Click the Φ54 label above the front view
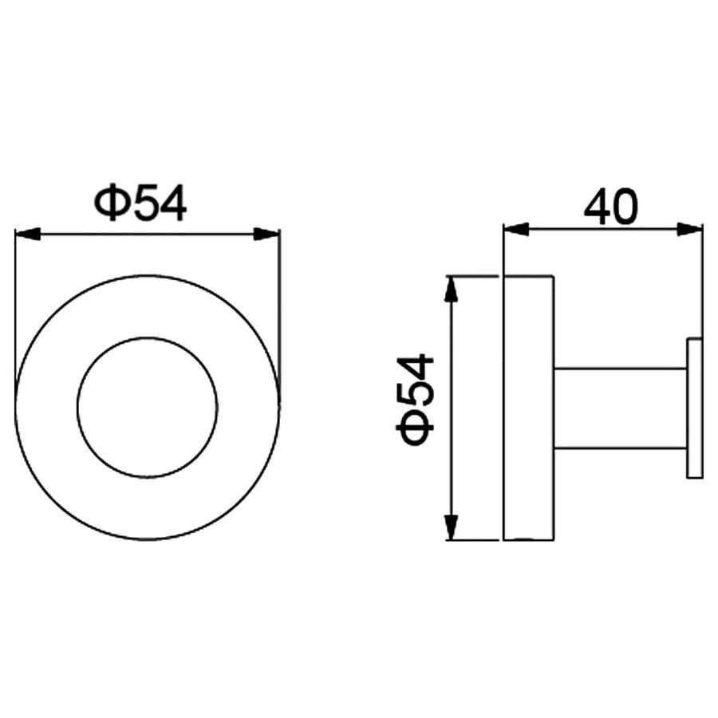tap(140, 203)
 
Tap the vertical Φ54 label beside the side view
tap(414, 400)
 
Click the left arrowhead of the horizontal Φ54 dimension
tap(28, 234)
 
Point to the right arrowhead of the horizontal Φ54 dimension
tap(267, 234)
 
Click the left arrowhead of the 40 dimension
tap(516, 229)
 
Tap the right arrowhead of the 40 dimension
tap(689, 229)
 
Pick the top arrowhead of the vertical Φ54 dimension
tap(452, 289)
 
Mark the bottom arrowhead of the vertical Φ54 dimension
tap(452, 527)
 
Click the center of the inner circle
tap(148, 408)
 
